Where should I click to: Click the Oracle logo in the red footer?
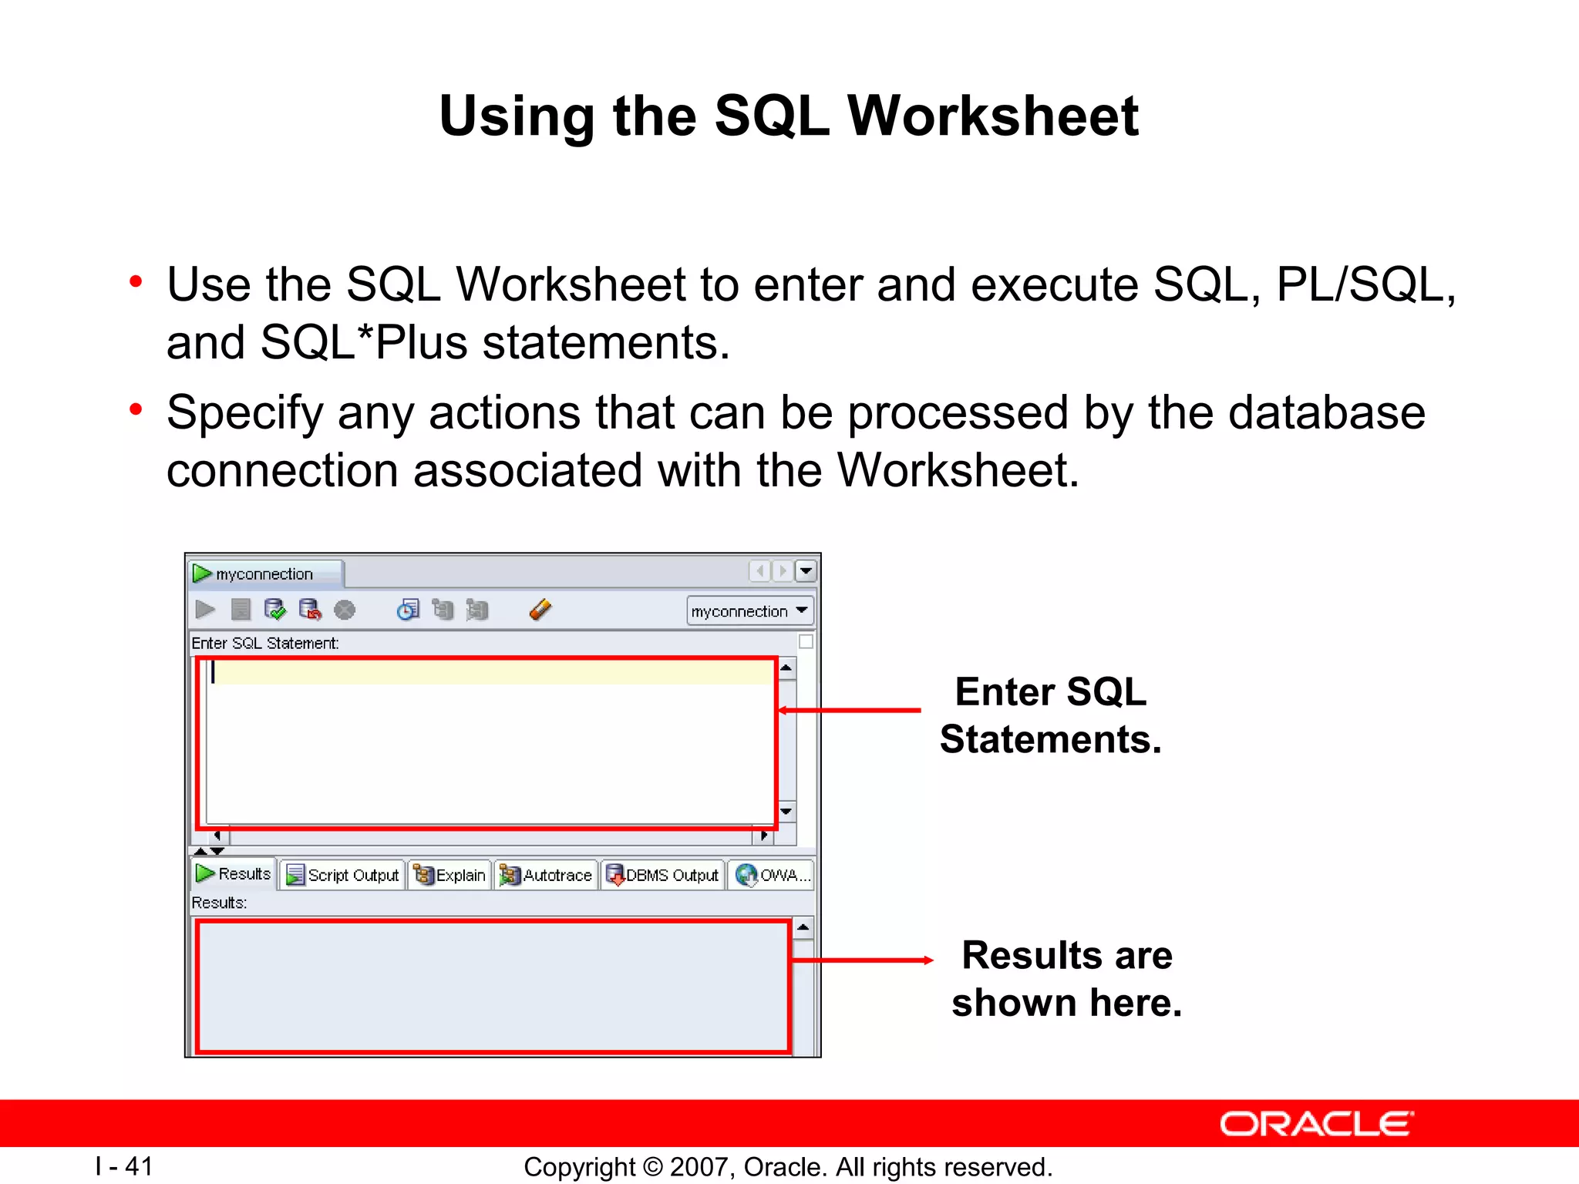pos(1316,1124)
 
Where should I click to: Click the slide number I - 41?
pos(124,1166)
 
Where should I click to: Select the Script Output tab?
pos(343,875)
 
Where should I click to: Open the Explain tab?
pos(450,875)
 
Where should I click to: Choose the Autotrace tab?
pos(547,875)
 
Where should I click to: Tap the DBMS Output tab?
pos(663,875)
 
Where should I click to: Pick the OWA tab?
pos(772,875)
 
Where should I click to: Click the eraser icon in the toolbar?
pos(540,610)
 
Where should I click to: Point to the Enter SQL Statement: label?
pos(264,643)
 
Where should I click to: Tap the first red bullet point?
pos(136,282)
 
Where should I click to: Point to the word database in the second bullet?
pos(1326,412)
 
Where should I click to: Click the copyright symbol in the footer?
pos(653,1167)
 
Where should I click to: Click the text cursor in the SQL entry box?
pos(213,672)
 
